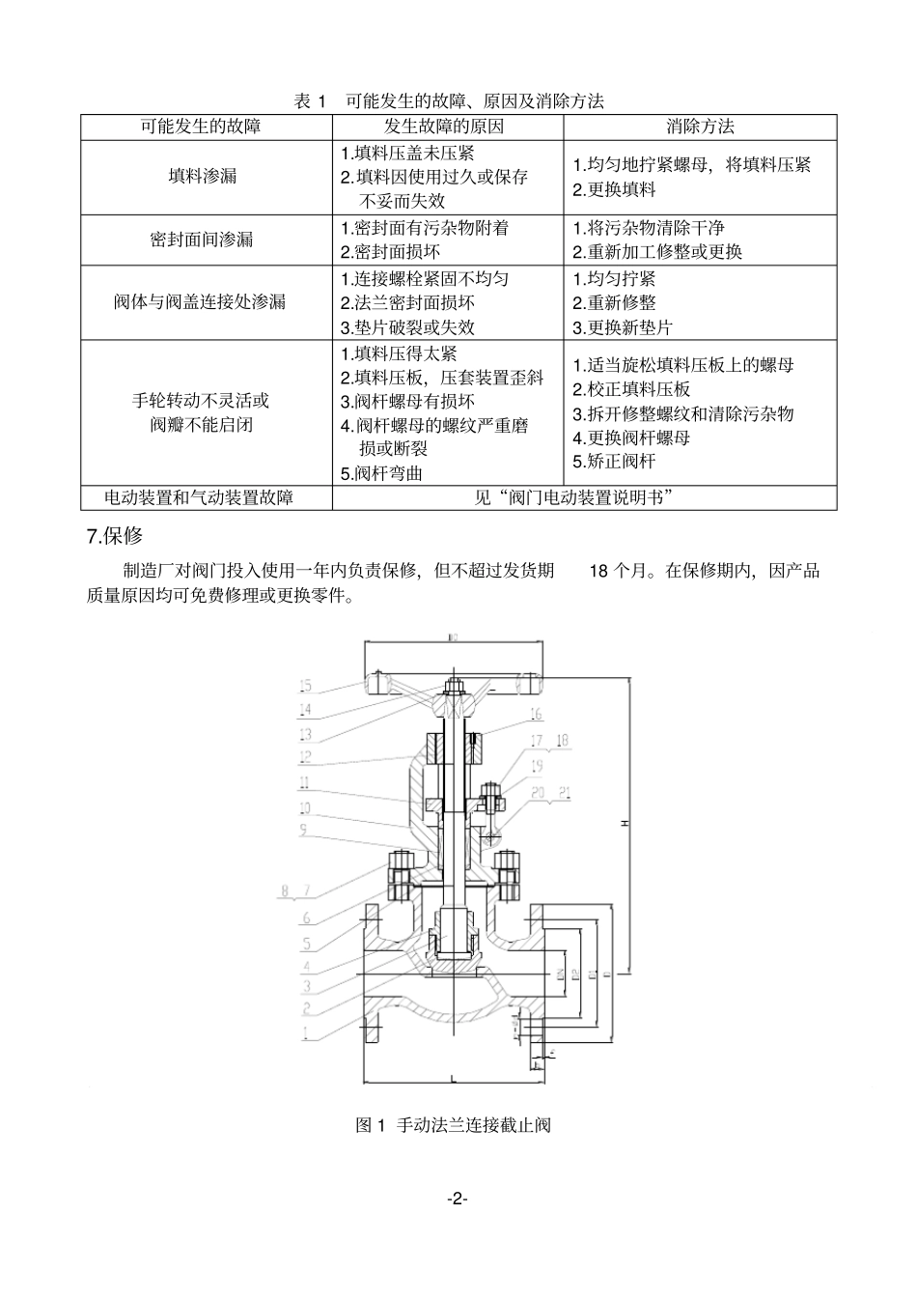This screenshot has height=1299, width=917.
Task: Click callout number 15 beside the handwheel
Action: click(x=305, y=687)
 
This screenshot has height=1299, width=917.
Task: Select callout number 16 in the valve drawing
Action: click(x=536, y=716)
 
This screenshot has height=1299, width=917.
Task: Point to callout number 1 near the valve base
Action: click(x=306, y=1032)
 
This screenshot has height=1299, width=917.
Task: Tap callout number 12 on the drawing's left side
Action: click(x=305, y=758)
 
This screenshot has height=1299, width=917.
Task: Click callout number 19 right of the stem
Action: click(x=537, y=766)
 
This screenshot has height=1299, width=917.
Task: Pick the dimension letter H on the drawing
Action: click(x=625, y=823)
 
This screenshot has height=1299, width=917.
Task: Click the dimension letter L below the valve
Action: click(x=454, y=1075)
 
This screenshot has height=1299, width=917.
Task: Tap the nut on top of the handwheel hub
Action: click(x=454, y=689)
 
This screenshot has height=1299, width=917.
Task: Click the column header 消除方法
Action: click(x=700, y=127)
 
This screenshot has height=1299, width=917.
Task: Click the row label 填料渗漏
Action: click(x=203, y=177)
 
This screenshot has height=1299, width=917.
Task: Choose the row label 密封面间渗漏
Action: click(x=203, y=240)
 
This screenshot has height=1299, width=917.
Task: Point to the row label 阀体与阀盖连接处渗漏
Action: click(x=203, y=302)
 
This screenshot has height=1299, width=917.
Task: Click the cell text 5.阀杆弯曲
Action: click(x=382, y=473)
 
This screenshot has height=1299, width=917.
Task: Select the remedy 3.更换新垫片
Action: click(x=624, y=327)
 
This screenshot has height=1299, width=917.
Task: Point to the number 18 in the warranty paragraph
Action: click(x=598, y=571)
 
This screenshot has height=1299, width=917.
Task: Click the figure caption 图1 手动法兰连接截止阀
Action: click(x=454, y=1125)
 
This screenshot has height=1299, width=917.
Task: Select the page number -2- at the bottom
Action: click(x=458, y=1199)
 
